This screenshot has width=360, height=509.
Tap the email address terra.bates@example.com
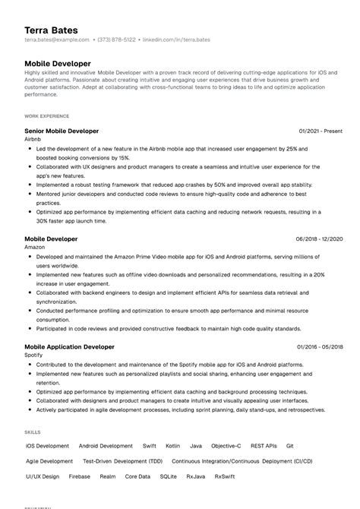(x=57, y=40)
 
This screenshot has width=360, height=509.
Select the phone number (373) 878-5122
(x=118, y=40)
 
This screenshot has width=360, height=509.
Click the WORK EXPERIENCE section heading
(x=46, y=116)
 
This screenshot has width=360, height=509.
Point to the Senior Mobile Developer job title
(x=62, y=131)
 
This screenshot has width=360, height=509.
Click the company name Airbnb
(x=33, y=140)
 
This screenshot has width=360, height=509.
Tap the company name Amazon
(x=35, y=248)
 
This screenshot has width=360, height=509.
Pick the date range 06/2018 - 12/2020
(x=319, y=239)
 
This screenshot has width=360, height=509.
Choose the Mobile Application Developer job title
(x=69, y=346)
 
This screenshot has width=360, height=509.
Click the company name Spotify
(x=34, y=356)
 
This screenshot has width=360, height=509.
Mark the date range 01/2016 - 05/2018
(x=320, y=347)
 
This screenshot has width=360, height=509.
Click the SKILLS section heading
(x=33, y=432)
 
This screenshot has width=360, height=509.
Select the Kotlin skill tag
(x=172, y=446)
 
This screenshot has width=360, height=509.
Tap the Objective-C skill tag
(x=226, y=446)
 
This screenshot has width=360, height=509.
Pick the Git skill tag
(x=289, y=446)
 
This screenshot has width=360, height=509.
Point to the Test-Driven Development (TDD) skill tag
(x=122, y=461)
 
